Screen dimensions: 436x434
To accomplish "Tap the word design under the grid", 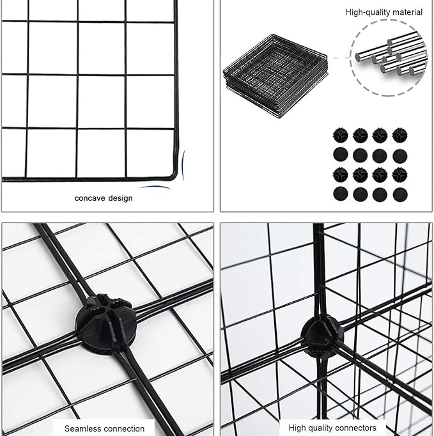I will pos(120,198).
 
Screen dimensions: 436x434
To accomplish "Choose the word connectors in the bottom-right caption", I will pos(355,428).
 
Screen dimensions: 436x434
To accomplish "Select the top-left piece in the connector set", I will pos(339,134).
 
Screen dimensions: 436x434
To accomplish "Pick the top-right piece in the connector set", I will pos(400,134).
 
